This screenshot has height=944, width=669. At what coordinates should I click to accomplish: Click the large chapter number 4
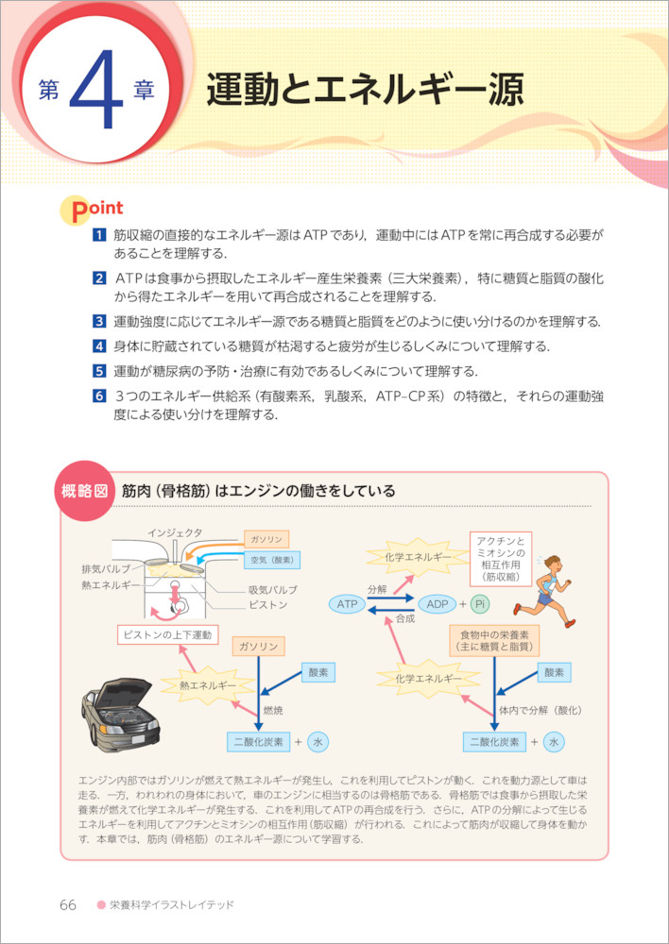tap(98, 93)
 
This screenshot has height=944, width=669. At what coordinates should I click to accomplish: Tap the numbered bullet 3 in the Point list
tap(97, 322)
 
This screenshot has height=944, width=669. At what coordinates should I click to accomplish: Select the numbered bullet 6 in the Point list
tap(97, 396)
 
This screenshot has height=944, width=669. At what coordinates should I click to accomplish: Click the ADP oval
tap(437, 602)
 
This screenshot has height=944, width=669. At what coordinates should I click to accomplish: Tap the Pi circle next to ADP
tap(479, 602)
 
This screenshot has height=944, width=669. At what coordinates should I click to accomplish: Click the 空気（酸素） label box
tap(271, 560)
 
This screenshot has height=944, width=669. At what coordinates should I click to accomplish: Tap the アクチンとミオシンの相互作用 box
tap(501, 556)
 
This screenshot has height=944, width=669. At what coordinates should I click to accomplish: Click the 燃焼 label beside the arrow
tap(274, 710)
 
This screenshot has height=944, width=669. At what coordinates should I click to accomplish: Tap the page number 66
tap(67, 904)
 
